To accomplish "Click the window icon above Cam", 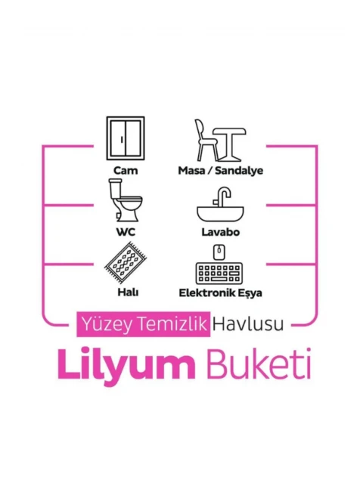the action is click(126, 138).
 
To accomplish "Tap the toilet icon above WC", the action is click(125, 200).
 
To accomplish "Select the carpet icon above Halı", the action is click(126, 263).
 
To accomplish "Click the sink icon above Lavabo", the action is click(220, 205).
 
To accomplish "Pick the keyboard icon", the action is click(219, 273).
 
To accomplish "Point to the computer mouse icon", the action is click(219, 252).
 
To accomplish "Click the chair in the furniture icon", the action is click(205, 140).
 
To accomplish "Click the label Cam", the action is click(126, 171).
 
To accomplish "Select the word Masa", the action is click(191, 171).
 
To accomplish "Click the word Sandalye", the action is click(239, 171).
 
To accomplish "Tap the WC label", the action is click(126, 232).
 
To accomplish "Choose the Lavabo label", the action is click(221, 232).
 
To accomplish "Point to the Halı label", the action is click(128, 292).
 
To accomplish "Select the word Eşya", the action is click(250, 293).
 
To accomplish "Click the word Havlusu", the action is click(248, 324).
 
